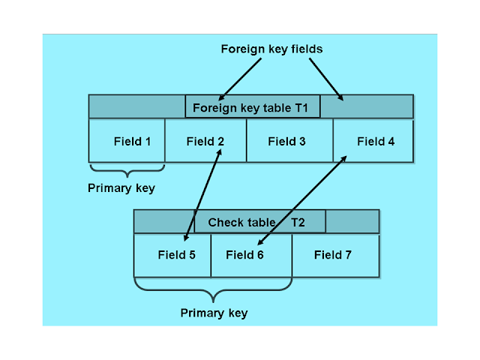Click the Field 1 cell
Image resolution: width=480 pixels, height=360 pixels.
pyautogui.click(x=127, y=140)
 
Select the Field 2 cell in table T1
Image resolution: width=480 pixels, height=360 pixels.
pyautogui.click(x=205, y=140)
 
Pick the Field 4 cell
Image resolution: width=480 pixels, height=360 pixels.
pyautogui.click(x=374, y=140)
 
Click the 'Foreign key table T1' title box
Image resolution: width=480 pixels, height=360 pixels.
pyautogui.click(x=253, y=107)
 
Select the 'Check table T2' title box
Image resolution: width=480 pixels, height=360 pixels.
pyautogui.click(x=259, y=222)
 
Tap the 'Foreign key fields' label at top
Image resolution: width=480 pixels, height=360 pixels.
pyautogui.click(x=271, y=49)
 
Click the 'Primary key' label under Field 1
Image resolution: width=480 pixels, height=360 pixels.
pyautogui.click(x=121, y=188)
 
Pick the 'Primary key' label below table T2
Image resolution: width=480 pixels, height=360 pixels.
pyautogui.click(x=214, y=312)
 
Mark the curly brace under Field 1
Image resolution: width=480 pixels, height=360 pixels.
pyautogui.click(x=127, y=168)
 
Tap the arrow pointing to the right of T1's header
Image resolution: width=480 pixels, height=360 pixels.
pyautogui.click(x=326, y=79)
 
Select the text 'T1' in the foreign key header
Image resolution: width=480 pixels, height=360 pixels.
pyautogui.click(x=301, y=107)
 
